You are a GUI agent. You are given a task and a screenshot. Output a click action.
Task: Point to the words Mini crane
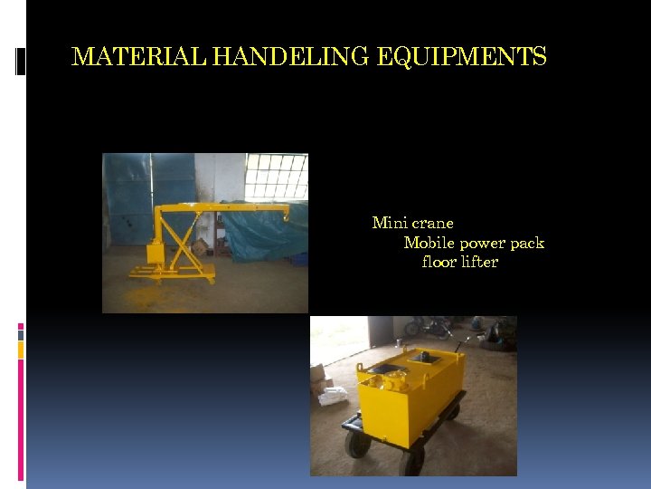tap(412, 223)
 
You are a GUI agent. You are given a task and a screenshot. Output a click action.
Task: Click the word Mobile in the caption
tap(429, 243)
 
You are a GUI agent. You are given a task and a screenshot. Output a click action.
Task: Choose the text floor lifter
tap(459, 263)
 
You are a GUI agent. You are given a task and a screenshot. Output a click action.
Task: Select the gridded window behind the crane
tap(276, 176)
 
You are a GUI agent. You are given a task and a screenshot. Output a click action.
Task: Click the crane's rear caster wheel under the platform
tap(212, 279)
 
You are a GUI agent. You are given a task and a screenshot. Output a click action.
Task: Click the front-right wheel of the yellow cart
tap(412, 461)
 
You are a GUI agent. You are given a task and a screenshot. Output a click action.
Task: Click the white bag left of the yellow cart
tap(331, 396)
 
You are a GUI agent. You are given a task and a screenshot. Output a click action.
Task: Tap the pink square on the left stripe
tap(21, 327)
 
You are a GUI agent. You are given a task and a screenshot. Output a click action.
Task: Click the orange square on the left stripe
tap(21, 350)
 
